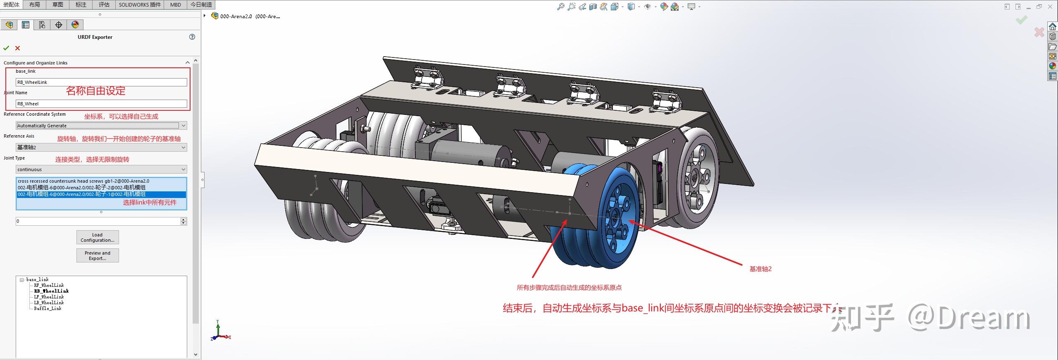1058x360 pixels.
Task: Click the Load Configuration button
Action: point(98,237)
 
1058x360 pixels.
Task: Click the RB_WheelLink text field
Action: point(101,82)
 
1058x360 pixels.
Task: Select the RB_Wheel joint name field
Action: point(101,104)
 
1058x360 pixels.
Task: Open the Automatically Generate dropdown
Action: point(101,126)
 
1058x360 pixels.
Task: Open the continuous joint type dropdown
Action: point(101,169)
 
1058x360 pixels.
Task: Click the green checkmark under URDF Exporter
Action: point(6,48)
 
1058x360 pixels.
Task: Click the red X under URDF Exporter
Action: point(17,48)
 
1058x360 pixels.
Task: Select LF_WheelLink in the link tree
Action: point(49,297)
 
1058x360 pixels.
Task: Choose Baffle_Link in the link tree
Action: point(48,308)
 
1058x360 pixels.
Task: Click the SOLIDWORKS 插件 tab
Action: point(140,5)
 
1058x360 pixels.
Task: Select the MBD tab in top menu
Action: point(176,5)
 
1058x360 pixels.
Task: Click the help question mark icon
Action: point(192,37)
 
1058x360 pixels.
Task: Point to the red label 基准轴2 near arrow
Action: point(760,269)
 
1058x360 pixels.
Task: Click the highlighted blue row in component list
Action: point(101,194)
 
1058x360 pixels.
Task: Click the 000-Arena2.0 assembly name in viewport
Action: point(250,17)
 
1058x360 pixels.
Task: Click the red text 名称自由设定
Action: point(96,91)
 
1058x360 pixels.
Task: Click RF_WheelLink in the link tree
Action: point(49,285)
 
